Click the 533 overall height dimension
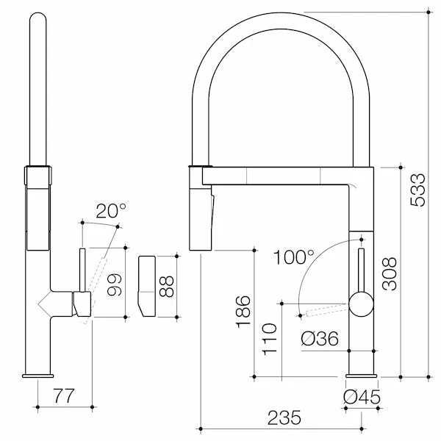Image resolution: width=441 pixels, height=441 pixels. click(417, 189)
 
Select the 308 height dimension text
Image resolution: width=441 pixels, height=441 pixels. click(390, 273)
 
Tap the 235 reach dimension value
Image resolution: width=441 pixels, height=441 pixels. click(283, 417)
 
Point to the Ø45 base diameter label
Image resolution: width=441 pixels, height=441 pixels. click(361, 398)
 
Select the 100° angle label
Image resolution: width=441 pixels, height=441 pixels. click(293, 258)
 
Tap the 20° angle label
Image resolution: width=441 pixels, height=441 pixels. click(111, 211)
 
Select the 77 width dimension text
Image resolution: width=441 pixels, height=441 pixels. click(64, 397)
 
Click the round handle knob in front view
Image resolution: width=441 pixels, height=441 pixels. click(360, 303)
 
